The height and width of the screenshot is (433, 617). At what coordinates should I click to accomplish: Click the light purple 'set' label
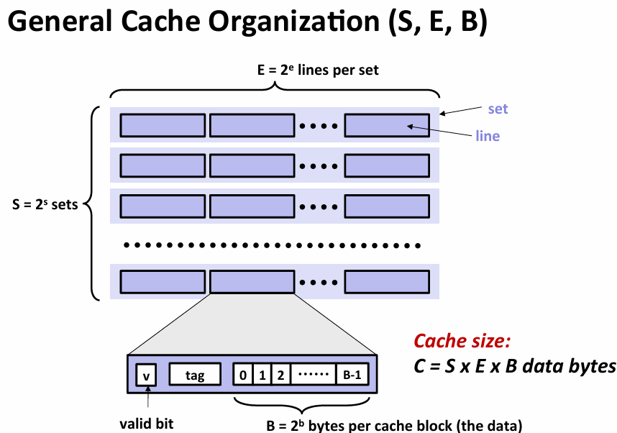[498, 109]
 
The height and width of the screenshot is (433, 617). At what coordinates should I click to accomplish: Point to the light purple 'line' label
[488, 136]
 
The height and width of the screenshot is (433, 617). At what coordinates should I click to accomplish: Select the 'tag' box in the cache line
[195, 375]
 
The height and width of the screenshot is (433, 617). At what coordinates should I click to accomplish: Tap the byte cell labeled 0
[243, 375]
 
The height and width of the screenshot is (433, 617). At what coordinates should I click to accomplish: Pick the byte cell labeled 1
[262, 375]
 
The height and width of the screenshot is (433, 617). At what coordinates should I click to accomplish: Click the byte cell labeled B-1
[352, 375]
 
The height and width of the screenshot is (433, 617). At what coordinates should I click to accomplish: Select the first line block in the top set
[163, 125]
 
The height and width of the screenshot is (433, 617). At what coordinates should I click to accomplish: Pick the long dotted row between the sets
[273, 245]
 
